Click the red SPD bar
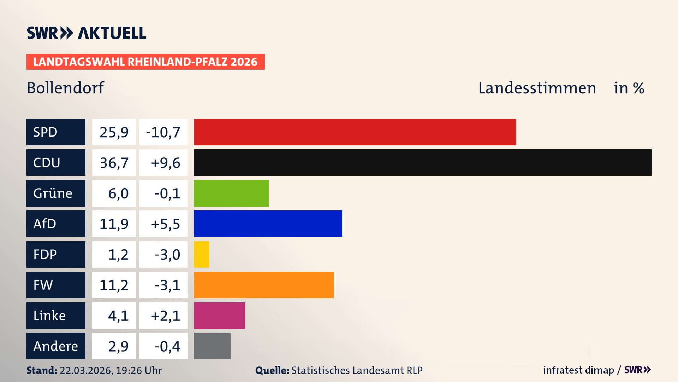coord(355,132)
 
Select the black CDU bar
coord(422,162)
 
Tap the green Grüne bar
coord(231,193)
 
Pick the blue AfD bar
coord(268,224)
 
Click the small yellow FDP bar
coord(201,254)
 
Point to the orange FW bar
coord(263,285)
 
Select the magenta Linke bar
coord(219,316)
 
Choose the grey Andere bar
coord(212,346)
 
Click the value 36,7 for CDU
coord(114,163)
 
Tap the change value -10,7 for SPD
coord(163,132)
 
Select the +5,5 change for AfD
coord(165,224)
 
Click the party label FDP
coord(45,254)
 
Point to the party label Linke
coord(49,316)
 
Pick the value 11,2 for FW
coord(114,285)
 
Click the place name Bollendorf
coord(65,88)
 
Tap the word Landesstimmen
coord(537,88)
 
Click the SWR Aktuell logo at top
coord(86,33)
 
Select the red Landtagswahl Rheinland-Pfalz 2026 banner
coord(145,62)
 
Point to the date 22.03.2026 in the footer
coord(86,370)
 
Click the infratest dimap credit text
coord(578,370)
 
